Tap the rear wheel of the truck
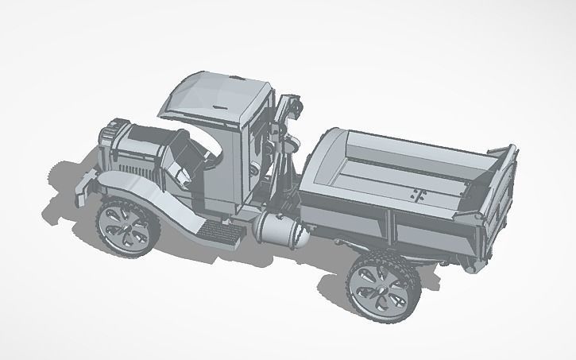pyautogui.click(x=380, y=285)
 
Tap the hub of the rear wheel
pyautogui.click(x=378, y=286)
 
